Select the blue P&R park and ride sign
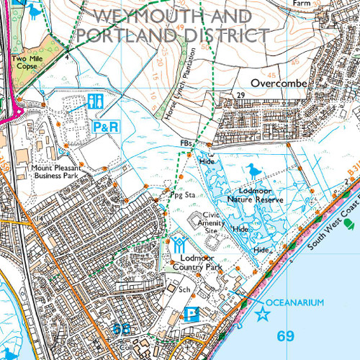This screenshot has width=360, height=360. pyautogui.click(x=105, y=126)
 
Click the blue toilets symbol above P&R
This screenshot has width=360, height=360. pyautogui.click(x=95, y=102)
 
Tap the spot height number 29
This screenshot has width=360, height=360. pyautogui.click(x=240, y=95)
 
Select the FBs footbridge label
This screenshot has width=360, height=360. pyautogui.click(x=186, y=144)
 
